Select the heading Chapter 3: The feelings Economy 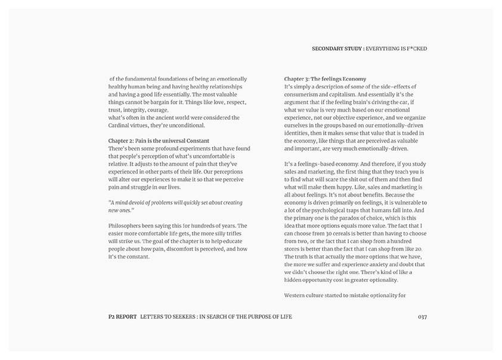click(325, 79)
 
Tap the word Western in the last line click(297, 296)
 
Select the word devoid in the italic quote click(141, 203)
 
